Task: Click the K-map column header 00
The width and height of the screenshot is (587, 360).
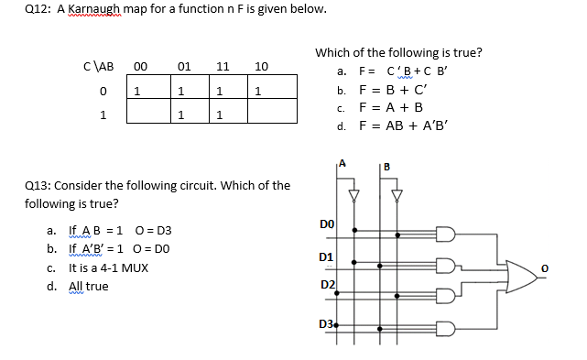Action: pyautogui.click(x=140, y=66)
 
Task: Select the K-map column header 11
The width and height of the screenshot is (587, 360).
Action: pyautogui.click(x=223, y=66)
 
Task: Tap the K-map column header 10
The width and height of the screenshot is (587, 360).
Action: pyautogui.click(x=261, y=66)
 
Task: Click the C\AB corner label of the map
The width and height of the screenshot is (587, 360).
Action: pyautogui.click(x=98, y=66)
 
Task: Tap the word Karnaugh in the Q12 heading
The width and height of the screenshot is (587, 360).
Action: pyautogui.click(x=99, y=9)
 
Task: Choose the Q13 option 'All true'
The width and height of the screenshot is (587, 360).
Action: pyautogui.click(x=88, y=286)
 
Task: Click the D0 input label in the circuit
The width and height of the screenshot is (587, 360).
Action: pyautogui.click(x=327, y=224)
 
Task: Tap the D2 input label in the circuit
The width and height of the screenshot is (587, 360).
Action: pyautogui.click(x=327, y=286)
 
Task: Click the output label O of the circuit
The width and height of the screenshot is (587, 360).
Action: pyautogui.click(x=568, y=267)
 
